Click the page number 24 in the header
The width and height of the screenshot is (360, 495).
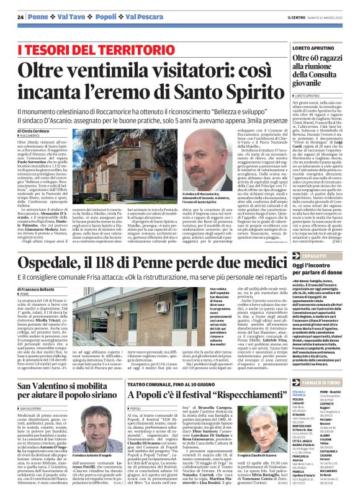coord(20,17)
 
